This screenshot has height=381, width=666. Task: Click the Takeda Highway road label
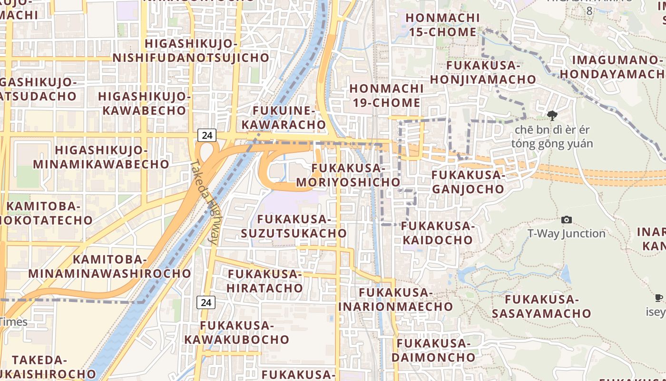point(203,202)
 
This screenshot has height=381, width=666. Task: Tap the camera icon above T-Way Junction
point(567,220)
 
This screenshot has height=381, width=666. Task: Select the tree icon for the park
point(552,115)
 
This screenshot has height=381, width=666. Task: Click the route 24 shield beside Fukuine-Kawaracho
point(207,135)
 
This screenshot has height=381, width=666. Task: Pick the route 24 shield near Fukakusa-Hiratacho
point(206,302)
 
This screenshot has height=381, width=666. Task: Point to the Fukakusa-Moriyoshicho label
point(348,175)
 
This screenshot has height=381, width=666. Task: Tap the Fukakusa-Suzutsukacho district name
point(294,226)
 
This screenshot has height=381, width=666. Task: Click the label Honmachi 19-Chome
point(385,95)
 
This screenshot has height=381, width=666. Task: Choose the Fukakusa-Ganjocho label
point(468,182)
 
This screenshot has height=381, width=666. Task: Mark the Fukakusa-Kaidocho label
point(438,232)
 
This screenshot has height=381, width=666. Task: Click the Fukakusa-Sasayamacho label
point(541,306)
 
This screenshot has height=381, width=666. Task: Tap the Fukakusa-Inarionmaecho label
point(395,299)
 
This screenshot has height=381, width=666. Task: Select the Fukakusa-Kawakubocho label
point(237,332)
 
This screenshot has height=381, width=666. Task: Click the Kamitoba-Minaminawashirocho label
point(109,266)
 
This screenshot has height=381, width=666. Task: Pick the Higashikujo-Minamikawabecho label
point(101,157)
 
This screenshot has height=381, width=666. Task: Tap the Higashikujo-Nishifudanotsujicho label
point(191,50)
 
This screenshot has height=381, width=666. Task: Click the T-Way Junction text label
point(567,233)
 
